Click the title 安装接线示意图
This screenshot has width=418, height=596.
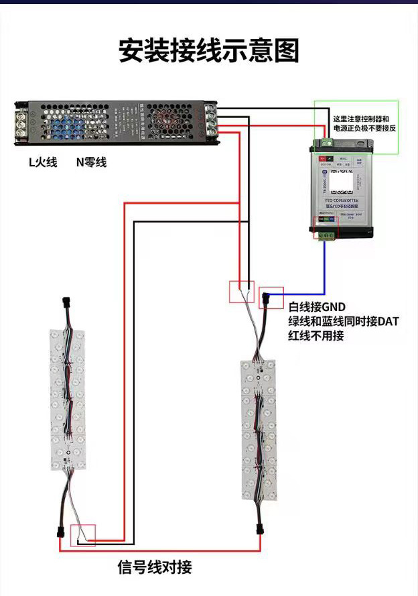pos(209,51)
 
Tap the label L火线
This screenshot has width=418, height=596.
pos(43,162)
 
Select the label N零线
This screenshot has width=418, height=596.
pos(91,162)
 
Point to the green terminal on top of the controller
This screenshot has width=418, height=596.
pos(328,142)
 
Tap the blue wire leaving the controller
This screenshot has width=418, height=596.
pos(324,268)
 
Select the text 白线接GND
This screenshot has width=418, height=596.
pos(317,307)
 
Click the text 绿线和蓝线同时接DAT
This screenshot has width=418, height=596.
pos(344,321)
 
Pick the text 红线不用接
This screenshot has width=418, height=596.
pos(316,336)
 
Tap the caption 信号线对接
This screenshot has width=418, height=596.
pos(155,567)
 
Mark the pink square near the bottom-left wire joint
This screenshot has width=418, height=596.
pos(87,534)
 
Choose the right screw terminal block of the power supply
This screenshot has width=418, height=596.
pos(211,121)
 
